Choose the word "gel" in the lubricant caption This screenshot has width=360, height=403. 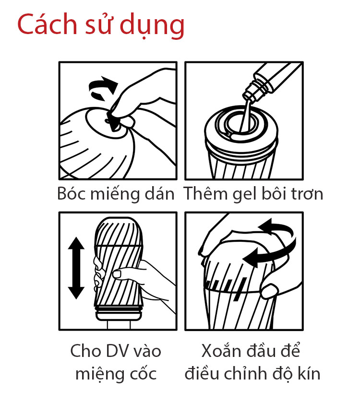coord(244,195)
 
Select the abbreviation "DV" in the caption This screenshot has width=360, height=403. coord(113,351)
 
